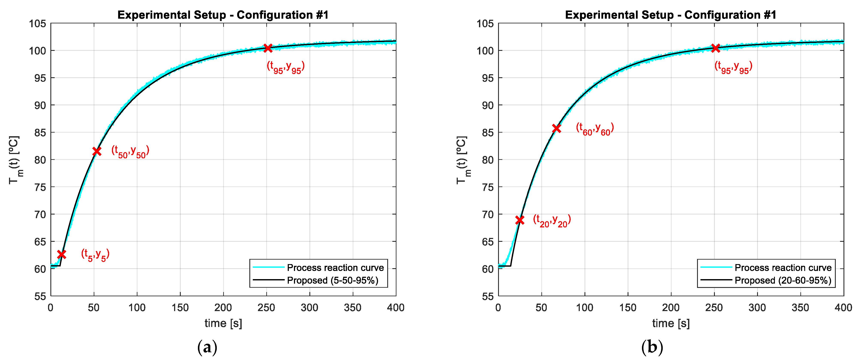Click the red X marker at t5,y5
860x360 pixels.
(61, 254)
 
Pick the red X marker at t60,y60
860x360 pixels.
(556, 128)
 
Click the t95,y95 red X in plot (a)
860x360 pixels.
(268, 48)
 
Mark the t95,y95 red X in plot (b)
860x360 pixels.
(715, 48)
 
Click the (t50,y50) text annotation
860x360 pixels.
(130, 152)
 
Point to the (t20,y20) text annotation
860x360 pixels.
(552, 221)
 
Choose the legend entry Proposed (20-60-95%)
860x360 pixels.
(783, 280)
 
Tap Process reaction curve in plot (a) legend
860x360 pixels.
(335, 268)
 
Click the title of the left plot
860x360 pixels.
(223, 15)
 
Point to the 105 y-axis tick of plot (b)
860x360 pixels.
(485, 24)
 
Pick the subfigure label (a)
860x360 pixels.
(207, 347)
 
